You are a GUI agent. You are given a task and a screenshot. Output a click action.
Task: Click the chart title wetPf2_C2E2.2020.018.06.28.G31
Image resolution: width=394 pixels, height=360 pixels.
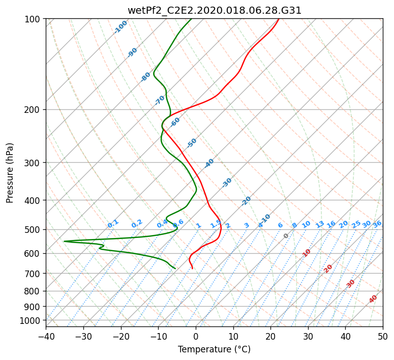point(215,11)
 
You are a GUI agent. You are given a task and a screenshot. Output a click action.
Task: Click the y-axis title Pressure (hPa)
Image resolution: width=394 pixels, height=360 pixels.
point(10,173)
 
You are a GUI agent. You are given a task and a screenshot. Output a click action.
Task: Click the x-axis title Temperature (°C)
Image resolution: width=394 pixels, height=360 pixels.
point(215,349)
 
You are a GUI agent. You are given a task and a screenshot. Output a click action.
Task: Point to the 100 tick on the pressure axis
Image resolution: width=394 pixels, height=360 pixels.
point(32,19)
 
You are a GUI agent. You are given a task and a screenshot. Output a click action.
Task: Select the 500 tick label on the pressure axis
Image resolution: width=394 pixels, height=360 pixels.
point(32,230)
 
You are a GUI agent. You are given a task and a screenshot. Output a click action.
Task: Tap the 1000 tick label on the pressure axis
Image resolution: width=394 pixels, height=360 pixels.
point(29,321)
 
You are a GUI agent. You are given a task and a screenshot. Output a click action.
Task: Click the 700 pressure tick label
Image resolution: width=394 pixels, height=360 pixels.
point(32,274)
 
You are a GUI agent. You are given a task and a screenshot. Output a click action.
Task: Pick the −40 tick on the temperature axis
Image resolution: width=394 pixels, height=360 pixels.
point(46,336)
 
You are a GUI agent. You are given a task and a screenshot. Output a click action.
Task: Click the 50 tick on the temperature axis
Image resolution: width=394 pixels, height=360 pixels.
point(383,336)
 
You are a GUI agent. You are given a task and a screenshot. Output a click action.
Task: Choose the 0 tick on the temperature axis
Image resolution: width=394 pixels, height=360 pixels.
point(196,336)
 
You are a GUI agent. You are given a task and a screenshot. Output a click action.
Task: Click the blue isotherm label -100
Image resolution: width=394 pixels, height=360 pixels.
point(120,27)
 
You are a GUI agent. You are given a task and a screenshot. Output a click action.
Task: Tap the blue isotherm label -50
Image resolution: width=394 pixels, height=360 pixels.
point(192,143)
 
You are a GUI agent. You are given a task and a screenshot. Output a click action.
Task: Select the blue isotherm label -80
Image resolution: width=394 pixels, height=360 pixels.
point(145,77)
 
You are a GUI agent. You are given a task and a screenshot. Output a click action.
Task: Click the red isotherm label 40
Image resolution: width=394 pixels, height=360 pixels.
point(373,299)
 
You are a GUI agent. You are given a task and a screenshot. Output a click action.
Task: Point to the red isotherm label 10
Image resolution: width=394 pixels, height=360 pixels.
point(307,253)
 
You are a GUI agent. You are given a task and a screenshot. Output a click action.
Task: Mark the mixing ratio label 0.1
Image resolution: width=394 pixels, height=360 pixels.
point(113,224)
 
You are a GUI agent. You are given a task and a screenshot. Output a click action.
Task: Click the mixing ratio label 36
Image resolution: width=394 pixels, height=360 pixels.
point(377,224)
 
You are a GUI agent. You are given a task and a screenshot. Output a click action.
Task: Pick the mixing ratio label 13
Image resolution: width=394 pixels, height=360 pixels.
point(320,224)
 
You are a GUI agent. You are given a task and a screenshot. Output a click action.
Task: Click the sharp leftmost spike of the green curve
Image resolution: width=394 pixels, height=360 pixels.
point(64,242)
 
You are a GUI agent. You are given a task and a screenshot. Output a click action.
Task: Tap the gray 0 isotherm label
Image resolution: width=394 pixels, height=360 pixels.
point(286,236)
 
